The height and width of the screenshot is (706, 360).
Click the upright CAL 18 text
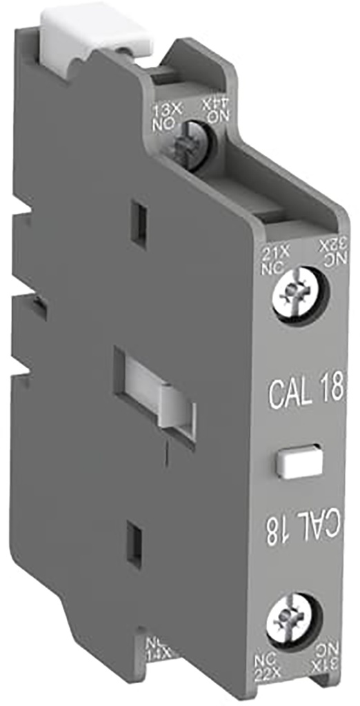tap(306, 391)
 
